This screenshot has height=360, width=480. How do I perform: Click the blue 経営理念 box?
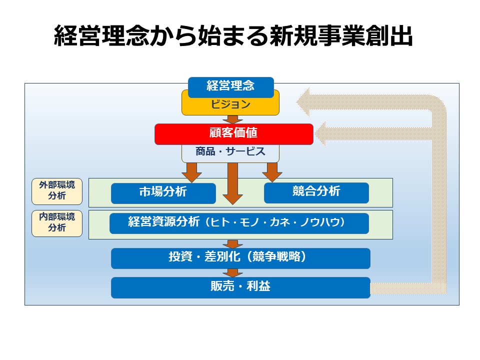pos(230,86)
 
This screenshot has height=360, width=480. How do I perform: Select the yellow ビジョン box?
pos(230,105)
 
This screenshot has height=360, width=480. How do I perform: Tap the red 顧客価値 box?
pos(233,133)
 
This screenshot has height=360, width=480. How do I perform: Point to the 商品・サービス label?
pos(230,152)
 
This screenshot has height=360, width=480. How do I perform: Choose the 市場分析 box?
pos(163,193)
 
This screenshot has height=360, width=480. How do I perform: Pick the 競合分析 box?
pos(316,192)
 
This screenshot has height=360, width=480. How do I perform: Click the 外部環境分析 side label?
pos(57,191)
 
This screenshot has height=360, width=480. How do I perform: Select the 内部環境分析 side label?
pos(57,223)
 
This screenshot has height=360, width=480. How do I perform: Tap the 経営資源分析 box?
pos(239,223)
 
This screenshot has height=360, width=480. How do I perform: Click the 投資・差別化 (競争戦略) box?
pos(240,258)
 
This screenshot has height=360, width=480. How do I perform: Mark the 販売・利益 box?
pos(240,287)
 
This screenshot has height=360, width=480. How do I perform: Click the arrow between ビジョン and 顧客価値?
pos(232,120)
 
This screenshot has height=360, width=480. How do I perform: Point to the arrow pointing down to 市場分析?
pos(191,172)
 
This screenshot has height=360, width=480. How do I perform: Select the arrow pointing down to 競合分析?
pos(272,172)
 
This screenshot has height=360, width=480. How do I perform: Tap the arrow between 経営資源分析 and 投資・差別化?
pos(232,244)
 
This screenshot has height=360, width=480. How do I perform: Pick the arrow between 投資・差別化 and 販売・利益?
pos(232,273)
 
